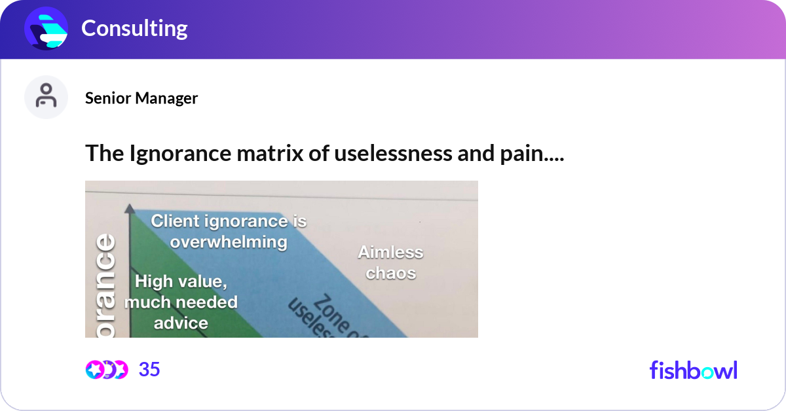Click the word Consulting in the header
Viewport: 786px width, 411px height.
pyautogui.click(x=134, y=28)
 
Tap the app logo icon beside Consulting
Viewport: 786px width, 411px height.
pyautogui.click(x=47, y=29)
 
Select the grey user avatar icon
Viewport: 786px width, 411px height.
pyautogui.click(x=46, y=98)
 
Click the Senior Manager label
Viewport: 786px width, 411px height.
pyautogui.click(x=141, y=98)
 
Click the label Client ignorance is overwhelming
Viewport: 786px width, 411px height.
pyautogui.click(x=229, y=231)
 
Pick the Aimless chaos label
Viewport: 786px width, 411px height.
pyautogui.click(x=390, y=262)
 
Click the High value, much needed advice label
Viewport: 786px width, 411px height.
pyautogui.click(x=181, y=302)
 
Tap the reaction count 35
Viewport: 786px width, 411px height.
pyautogui.click(x=149, y=370)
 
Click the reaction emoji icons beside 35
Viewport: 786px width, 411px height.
pyautogui.click(x=106, y=370)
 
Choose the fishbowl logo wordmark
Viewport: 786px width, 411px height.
pyautogui.click(x=693, y=370)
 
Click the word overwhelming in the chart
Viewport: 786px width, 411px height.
pyautogui.click(x=229, y=242)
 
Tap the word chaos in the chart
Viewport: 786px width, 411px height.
pyautogui.click(x=390, y=273)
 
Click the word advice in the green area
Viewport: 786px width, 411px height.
pyautogui.click(x=181, y=323)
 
